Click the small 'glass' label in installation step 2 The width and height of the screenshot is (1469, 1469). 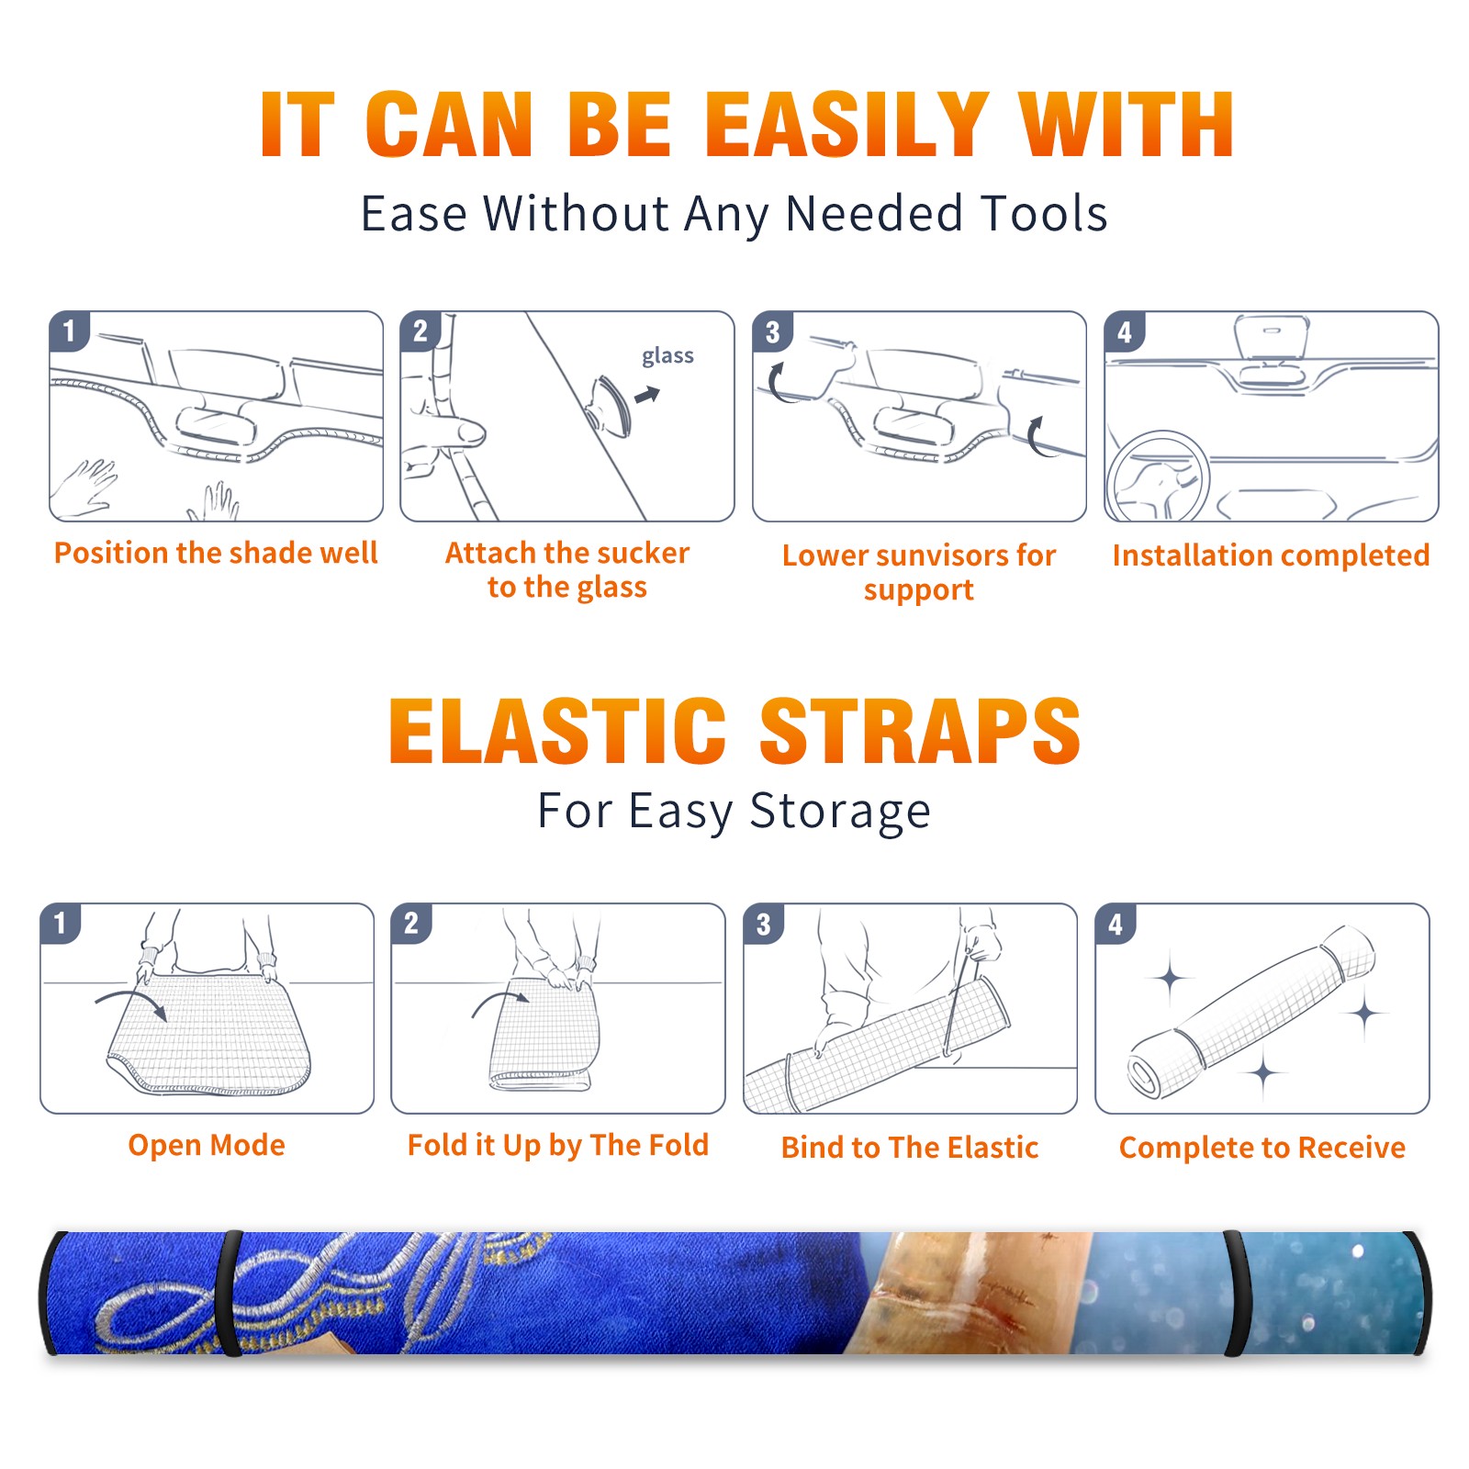pos(667,356)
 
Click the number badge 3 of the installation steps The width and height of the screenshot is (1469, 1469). pos(773,331)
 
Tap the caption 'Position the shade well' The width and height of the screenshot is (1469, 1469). pos(216,553)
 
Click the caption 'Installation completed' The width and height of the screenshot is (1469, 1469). pos(1271,555)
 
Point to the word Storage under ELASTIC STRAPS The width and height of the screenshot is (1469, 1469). pos(840,812)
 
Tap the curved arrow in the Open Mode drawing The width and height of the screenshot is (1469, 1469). pos(131,1003)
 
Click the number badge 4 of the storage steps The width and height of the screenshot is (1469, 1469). pos(1116,924)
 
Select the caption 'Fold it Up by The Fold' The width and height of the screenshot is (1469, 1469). pos(558,1145)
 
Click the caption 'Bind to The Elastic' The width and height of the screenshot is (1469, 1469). pos(910,1148)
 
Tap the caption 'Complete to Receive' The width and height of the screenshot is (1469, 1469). pos(1262,1148)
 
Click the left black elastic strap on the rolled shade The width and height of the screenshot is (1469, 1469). pos(230,1293)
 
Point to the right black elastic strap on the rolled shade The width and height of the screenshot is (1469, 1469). pos(1236,1295)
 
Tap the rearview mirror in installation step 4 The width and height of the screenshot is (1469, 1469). pos(1271,337)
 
